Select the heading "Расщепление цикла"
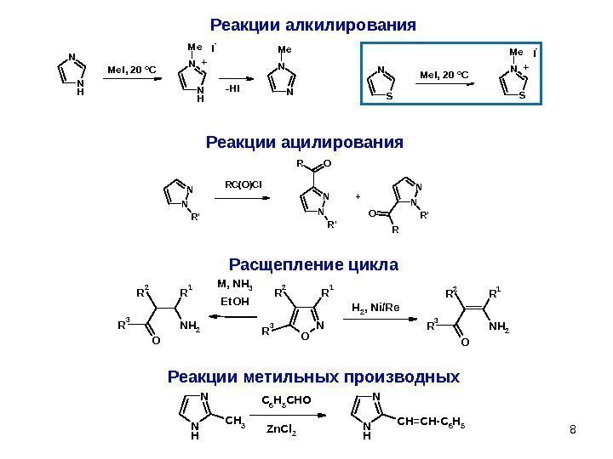click(x=314, y=265)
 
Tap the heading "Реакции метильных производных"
click(x=313, y=376)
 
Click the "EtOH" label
click(x=235, y=301)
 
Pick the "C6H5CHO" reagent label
click(x=286, y=398)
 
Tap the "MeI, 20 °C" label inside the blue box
click(x=445, y=76)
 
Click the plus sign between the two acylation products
click(x=358, y=196)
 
